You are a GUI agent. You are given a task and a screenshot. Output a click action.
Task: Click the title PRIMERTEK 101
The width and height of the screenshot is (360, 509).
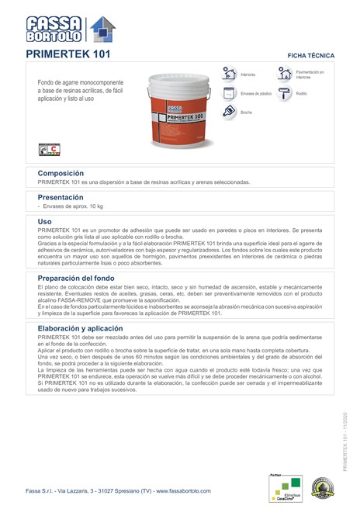point(68,55)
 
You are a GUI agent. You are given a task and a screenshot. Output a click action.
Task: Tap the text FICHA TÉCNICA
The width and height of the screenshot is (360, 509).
point(311,57)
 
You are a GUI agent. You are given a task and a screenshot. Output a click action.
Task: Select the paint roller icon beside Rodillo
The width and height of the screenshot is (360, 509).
point(285,93)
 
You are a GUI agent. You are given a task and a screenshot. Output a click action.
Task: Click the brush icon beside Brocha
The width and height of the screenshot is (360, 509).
point(230,112)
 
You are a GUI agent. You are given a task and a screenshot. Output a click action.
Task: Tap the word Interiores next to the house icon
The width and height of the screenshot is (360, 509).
point(248,75)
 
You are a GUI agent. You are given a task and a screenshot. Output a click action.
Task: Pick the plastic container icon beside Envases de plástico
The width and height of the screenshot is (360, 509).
point(230,93)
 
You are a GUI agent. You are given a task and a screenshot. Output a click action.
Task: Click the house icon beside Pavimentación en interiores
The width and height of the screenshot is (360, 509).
point(285,74)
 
